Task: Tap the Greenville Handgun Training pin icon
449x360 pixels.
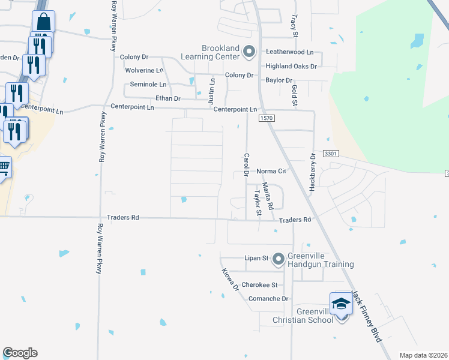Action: pos(278,259)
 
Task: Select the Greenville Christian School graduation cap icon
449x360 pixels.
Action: pos(340,304)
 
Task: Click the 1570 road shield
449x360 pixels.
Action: pos(267,119)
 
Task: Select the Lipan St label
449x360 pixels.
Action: pos(256,258)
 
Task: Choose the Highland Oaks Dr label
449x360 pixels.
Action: pos(291,66)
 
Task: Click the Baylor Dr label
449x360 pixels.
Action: pos(279,80)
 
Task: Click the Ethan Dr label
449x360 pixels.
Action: pos(167,98)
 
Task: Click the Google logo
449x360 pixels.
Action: pos(20,353)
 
